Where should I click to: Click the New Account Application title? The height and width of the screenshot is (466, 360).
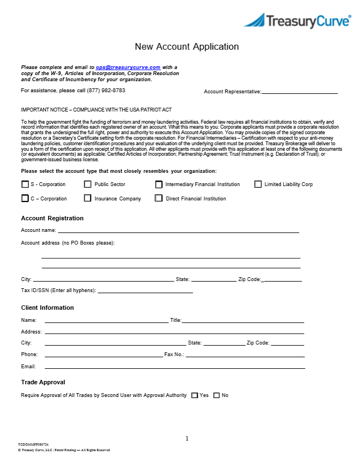pyautogui.click(x=187, y=47)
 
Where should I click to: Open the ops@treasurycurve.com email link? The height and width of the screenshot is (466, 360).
pyautogui.click(x=128, y=67)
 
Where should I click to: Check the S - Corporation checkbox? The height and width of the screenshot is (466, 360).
pyautogui.click(x=25, y=184)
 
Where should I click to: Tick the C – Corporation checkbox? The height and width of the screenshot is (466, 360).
pyautogui.click(x=25, y=198)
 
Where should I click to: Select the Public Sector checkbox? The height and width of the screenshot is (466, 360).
pyautogui.click(x=88, y=184)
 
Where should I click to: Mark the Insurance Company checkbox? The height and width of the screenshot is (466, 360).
pyautogui.click(x=88, y=198)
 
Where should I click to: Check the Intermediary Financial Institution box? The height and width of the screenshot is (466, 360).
pyautogui.click(x=159, y=184)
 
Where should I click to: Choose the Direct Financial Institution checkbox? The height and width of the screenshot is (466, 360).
pyautogui.click(x=159, y=198)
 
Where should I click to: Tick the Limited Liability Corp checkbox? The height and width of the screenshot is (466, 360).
pyautogui.click(x=258, y=184)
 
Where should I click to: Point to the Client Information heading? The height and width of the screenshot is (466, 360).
pyautogui.click(x=47, y=308)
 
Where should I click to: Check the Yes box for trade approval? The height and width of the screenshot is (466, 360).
pyautogui.click(x=194, y=395)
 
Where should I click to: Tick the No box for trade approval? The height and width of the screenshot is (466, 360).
pyautogui.click(x=216, y=395)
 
